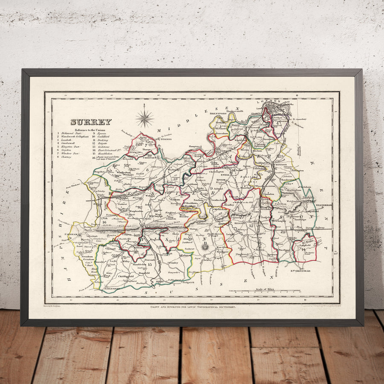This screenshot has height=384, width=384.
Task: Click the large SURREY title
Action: [x=91, y=122]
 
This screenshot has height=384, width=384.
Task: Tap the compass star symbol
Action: [x=145, y=118]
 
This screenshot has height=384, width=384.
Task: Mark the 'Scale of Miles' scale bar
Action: [x=264, y=291]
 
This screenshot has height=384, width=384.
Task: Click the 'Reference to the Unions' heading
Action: [x=90, y=130]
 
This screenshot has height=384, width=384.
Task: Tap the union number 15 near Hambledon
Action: [x=150, y=265]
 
